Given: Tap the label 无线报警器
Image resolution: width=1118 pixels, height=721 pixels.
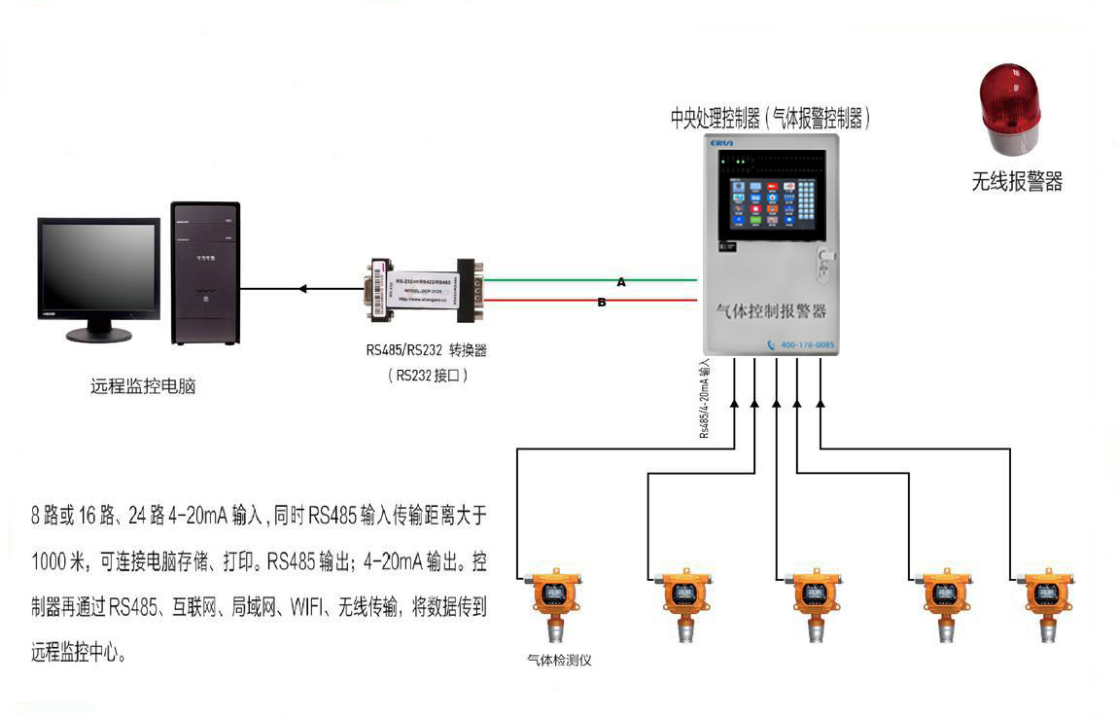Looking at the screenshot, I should [1017, 181].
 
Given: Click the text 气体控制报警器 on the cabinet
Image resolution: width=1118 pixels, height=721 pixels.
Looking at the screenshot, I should [770, 311].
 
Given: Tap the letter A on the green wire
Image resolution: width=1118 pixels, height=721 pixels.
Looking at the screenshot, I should [621, 281].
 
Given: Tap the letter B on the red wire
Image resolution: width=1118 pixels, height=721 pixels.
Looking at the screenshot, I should [602, 303].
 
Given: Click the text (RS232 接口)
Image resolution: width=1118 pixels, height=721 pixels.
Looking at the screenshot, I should [428, 375].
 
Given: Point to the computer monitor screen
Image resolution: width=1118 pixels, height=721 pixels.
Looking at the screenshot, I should [98, 267].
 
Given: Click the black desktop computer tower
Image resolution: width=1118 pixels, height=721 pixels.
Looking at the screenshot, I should [205, 272].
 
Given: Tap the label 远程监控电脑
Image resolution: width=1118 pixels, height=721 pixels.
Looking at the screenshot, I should [143, 386].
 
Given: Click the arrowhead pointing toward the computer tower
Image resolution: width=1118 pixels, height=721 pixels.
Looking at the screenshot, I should [303, 288].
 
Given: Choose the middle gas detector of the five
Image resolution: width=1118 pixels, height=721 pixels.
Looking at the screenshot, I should [814, 603].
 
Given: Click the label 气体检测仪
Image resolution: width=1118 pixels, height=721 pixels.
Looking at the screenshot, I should [559, 660].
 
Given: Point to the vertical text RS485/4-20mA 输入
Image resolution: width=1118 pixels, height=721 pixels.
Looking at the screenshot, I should [705, 399].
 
